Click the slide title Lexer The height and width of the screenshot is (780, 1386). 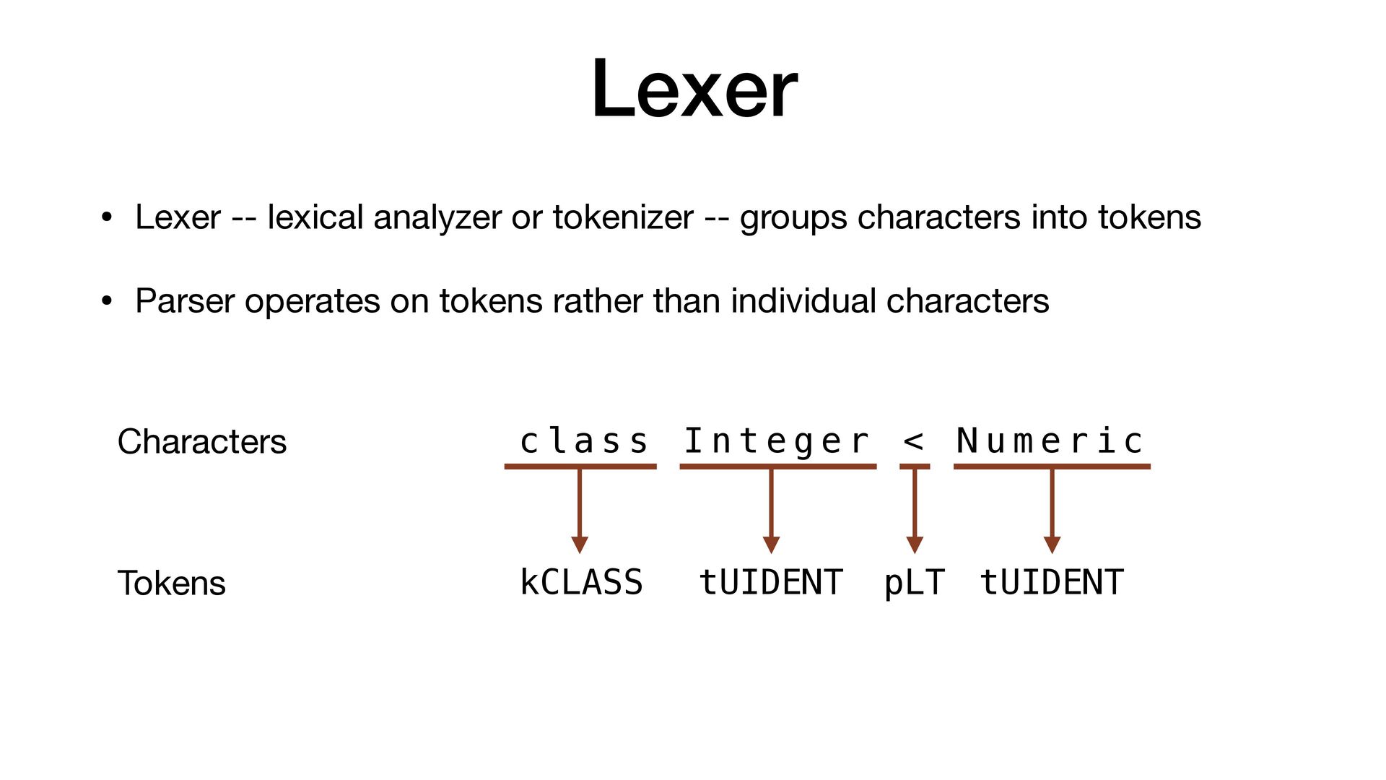click(694, 90)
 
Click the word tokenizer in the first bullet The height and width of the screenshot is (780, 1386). click(623, 217)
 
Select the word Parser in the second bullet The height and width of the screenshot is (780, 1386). click(185, 300)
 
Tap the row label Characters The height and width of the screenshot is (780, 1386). click(202, 441)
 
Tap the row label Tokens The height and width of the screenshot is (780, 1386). click(172, 583)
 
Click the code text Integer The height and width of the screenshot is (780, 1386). click(776, 441)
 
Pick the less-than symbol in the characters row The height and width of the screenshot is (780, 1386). click(913, 441)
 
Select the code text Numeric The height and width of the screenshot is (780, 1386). click(1050, 441)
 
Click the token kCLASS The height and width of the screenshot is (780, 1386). click(581, 582)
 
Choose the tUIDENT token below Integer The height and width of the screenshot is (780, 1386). click(771, 582)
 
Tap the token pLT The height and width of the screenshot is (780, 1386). click(914, 582)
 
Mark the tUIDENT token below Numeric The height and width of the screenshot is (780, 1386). click(1052, 582)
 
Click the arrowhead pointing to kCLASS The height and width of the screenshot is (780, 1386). click(580, 545)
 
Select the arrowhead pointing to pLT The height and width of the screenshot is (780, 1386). click(915, 545)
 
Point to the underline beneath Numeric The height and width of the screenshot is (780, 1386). click(1052, 467)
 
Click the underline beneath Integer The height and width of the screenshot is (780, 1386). click(777, 467)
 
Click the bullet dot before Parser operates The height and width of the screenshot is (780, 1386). click(107, 300)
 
